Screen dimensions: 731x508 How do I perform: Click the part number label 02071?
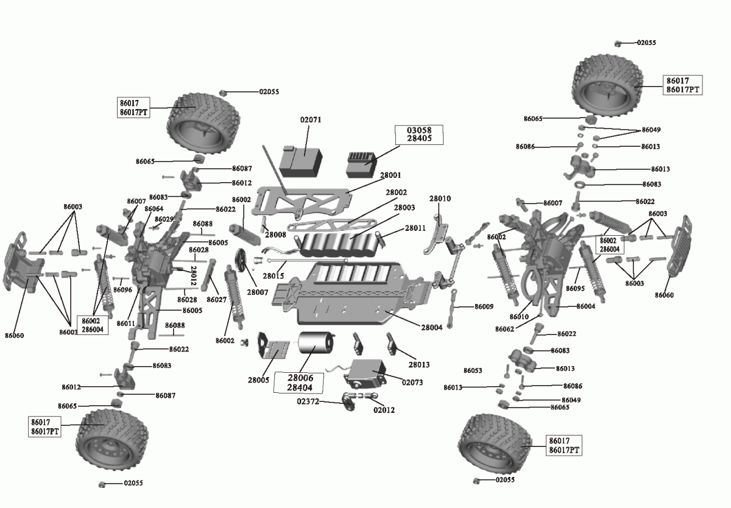click(x=311, y=120)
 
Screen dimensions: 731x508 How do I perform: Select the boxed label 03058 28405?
click(x=419, y=135)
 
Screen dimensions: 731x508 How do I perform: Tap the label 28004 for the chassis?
click(x=432, y=327)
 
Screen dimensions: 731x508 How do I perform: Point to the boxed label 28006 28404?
click(x=299, y=383)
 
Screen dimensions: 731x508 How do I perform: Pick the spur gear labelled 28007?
click(x=241, y=259)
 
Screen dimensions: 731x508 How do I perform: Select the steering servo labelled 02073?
click(x=365, y=374)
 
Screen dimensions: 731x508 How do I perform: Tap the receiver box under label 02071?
click(x=301, y=161)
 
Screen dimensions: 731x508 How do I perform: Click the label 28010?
click(x=440, y=199)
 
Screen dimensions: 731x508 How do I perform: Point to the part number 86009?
click(x=484, y=306)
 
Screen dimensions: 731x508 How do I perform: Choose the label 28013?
click(x=419, y=364)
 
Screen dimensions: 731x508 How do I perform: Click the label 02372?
click(x=308, y=401)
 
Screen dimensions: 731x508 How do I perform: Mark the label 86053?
click(x=473, y=370)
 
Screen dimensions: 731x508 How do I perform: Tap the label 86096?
click(x=122, y=290)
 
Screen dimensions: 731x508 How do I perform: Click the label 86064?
click(x=154, y=208)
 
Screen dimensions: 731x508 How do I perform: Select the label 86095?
click(x=575, y=289)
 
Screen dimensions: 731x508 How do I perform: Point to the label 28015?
click(x=274, y=276)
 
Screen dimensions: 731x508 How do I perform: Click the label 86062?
click(x=504, y=329)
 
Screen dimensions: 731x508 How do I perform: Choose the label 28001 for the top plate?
click(x=390, y=175)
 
